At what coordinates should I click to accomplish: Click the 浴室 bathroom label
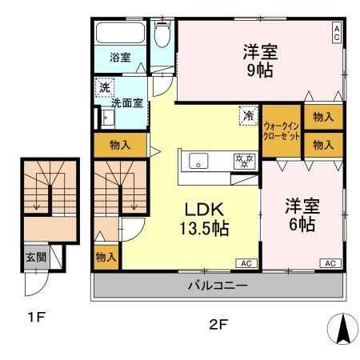coord(120,58)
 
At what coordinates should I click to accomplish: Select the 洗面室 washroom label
coord(126,102)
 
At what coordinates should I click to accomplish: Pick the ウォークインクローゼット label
coord(281,131)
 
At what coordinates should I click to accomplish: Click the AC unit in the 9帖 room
coord(337,32)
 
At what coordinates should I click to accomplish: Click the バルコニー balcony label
coord(218,285)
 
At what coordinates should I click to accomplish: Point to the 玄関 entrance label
coord(33,258)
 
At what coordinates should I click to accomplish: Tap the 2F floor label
coord(218,326)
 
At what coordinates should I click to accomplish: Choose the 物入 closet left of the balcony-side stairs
coord(106,257)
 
